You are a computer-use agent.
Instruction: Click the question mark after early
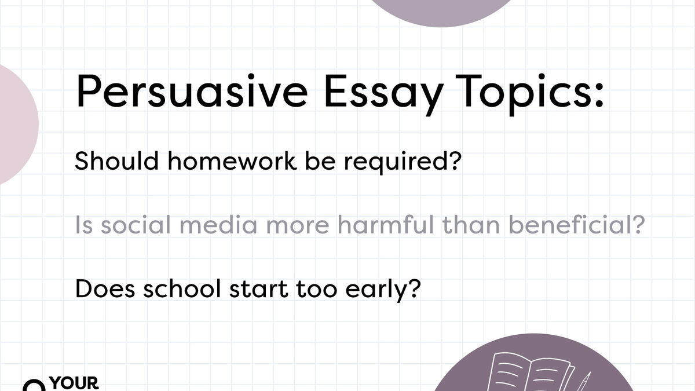412,288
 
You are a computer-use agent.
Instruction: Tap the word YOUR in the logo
74,383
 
